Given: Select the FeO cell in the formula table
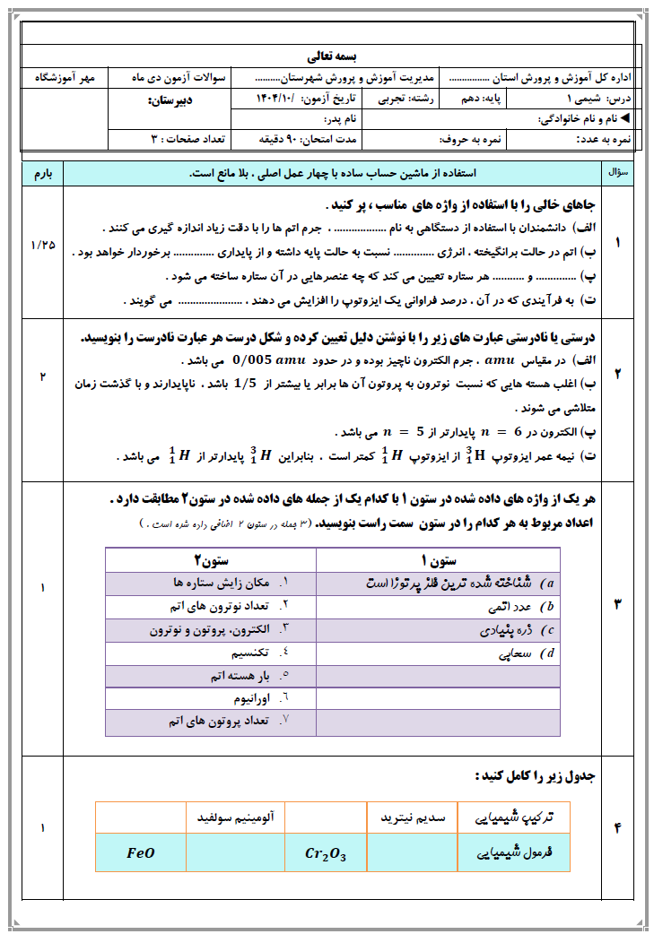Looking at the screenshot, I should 141,853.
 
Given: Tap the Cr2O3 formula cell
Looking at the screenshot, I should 325,853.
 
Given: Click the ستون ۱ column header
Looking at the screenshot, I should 438,561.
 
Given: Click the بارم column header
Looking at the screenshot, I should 41,172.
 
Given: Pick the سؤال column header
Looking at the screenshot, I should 619,170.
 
